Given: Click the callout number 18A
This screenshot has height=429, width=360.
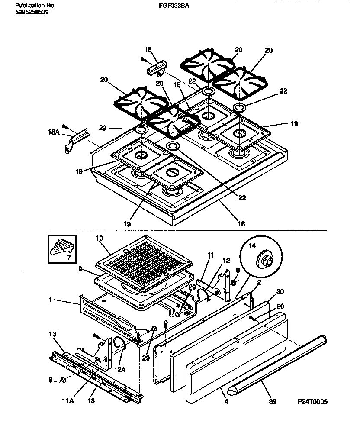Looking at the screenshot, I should pyautogui.click(x=53, y=129).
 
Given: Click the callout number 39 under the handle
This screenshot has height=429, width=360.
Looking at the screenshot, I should pyautogui.click(x=272, y=402).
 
